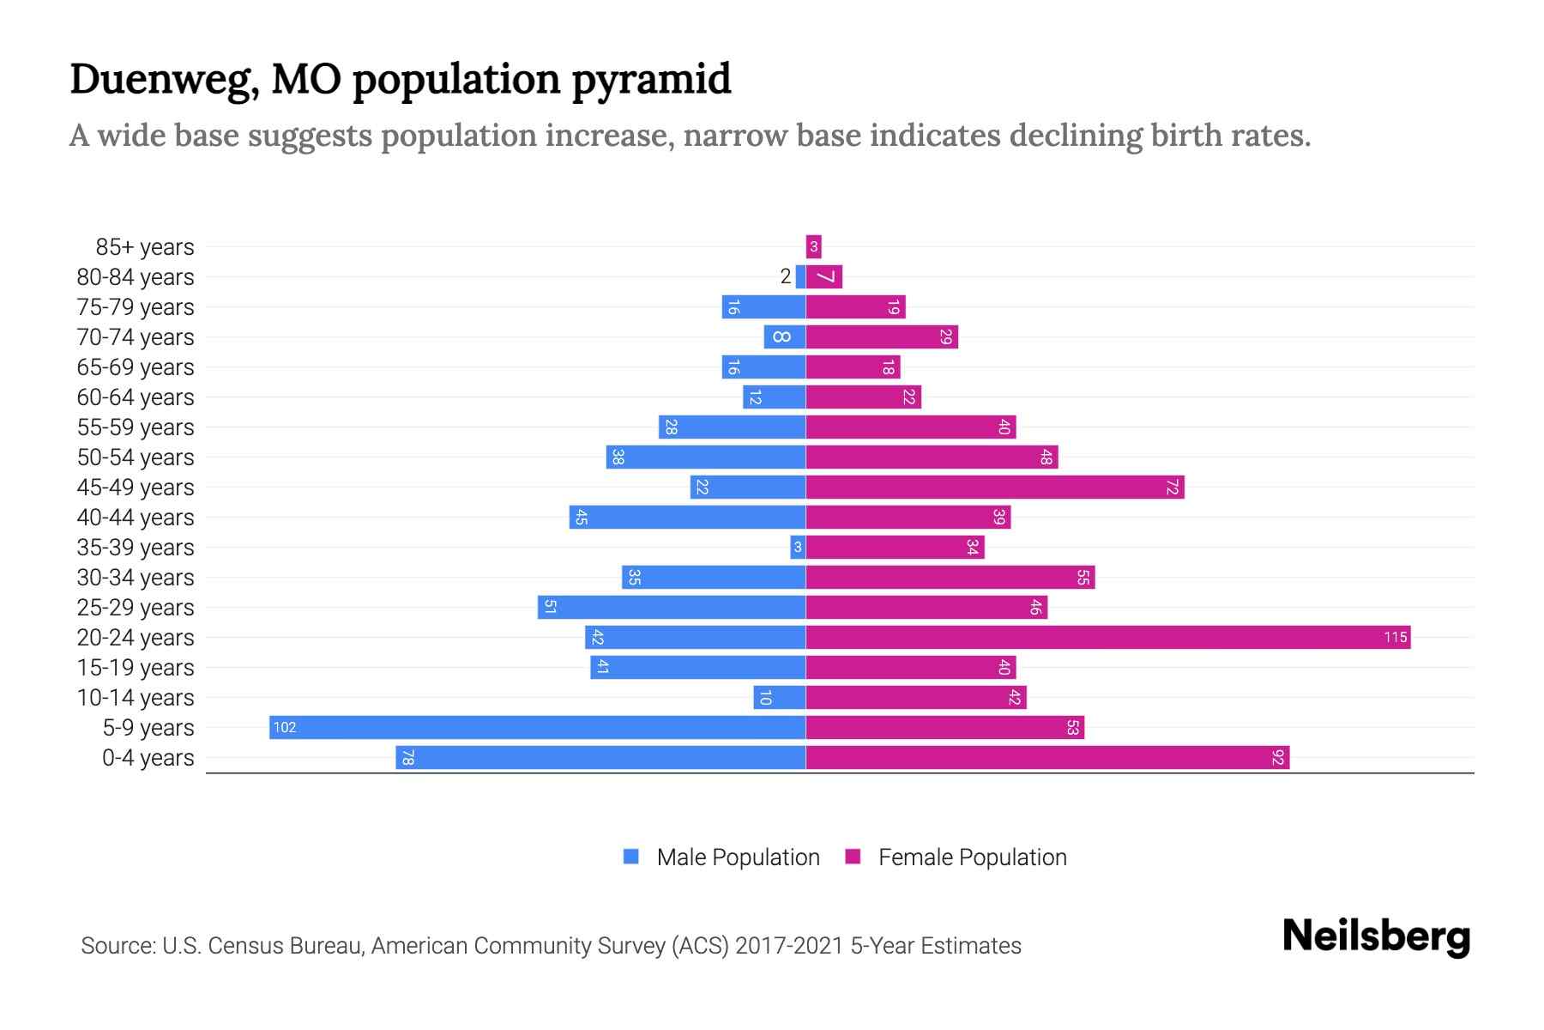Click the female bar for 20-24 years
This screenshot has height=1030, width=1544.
pyautogui.click(x=1107, y=637)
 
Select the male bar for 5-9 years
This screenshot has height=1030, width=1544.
pyautogui.click(x=537, y=727)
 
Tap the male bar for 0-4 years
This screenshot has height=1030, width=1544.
pyautogui.click(x=600, y=757)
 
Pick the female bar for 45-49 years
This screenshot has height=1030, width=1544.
pyautogui.click(x=995, y=487)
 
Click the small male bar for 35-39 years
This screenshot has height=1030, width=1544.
pyautogui.click(x=798, y=547)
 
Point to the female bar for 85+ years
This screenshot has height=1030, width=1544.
pyautogui.click(x=813, y=246)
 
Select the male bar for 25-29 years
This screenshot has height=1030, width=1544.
pyautogui.click(x=672, y=607)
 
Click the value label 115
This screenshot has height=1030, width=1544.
pyautogui.click(x=1395, y=637)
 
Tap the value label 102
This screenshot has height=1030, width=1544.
pyautogui.click(x=284, y=727)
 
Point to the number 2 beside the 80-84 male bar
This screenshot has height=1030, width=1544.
pyautogui.click(x=785, y=276)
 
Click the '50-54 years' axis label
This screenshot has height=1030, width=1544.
pyautogui.click(x=136, y=457)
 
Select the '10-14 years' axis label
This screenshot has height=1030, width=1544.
pyautogui.click(x=136, y=697)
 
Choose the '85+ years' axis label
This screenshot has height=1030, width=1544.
pyautogui.click(x=145, y=246)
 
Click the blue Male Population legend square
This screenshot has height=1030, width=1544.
pyautogui.click(x=631, y=857)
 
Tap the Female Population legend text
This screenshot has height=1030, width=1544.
pyautogui.click(x=972, y=857)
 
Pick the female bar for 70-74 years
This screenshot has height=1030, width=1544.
pyautogui.click(x=882, y=336)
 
